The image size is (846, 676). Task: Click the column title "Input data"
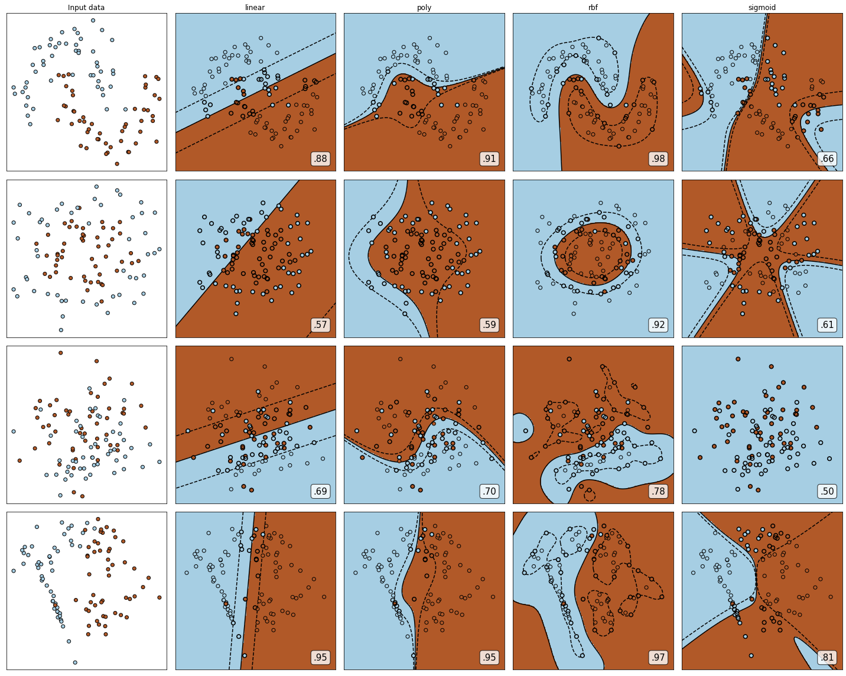click(86, 7)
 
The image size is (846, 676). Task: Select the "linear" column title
click(255, 7)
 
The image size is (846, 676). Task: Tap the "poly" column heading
click(424, 8)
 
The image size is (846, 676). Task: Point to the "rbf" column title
click(593, 7)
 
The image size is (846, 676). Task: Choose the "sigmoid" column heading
click(762, 8)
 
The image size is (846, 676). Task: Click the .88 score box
click(321, 158)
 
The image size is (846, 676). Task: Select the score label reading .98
click(659, 158)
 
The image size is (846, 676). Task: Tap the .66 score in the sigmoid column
click(828, 158)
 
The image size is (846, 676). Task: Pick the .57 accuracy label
click(321, 325)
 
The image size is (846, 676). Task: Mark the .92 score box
click(659, 325)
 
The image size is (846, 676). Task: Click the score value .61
click(828, 325)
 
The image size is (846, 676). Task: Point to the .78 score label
click(659, 491)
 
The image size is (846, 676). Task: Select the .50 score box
click(828, 491)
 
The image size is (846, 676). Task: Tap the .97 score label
click(659, 658)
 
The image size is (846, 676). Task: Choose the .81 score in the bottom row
click(828, 658)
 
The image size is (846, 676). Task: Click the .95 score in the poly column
click(489, 658)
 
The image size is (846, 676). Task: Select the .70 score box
click(489, 491)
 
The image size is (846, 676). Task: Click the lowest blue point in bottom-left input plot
click(75, 662)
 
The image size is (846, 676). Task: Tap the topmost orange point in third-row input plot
click(60, 353)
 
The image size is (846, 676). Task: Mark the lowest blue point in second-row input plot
click(61, 330)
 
